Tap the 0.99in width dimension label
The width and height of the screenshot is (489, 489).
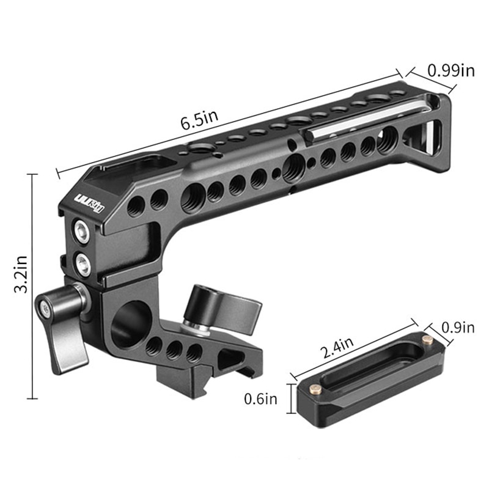pyautogui.click(x=451, y=70)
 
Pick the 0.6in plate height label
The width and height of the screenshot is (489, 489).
pyautogui.click(x=261, y=399)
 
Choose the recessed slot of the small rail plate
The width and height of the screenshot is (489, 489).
pyautogui.click(x=367, y=367)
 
